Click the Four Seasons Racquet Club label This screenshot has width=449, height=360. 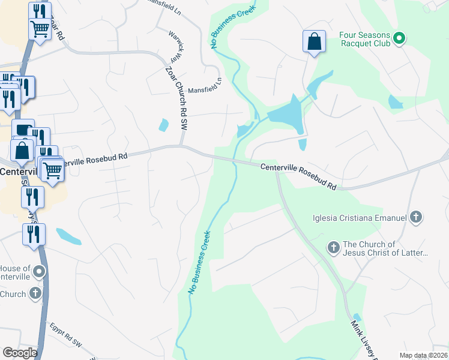(x=365, y=39)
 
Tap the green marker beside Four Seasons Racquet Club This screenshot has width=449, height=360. (x=399, y=40)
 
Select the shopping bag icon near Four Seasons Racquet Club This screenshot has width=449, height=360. (x=314, y=41)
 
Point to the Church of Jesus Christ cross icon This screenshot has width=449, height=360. (x=333, y=247)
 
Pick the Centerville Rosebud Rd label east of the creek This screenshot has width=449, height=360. (x=298, y=176)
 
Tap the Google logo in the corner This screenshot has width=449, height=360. (x=19, y=352)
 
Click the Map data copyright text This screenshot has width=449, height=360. (x=423, y=355)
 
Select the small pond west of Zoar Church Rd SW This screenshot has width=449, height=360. (x=163, y=125)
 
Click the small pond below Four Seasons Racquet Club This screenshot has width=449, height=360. (x=395, y=102)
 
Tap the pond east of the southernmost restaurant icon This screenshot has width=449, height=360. (x=68, y=236)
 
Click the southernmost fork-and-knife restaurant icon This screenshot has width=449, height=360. (x=34, y=233)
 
